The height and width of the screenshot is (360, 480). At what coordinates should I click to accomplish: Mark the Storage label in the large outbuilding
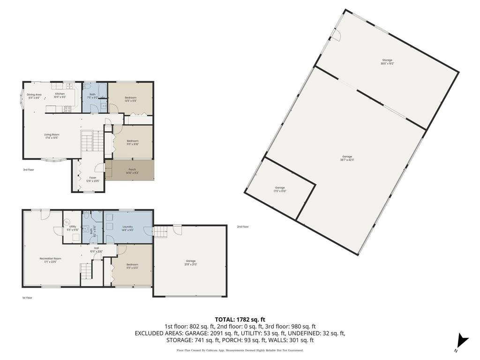click(387, 60)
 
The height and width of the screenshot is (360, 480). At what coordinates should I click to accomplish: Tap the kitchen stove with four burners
click(67, 109)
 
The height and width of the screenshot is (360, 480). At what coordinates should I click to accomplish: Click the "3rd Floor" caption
click(29, 170)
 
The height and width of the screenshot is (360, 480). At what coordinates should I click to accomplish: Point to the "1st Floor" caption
click(28, 298)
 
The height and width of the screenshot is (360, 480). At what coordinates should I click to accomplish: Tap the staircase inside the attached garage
click(160, 232)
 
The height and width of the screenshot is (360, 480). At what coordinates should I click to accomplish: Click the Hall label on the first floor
click(96, 248)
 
